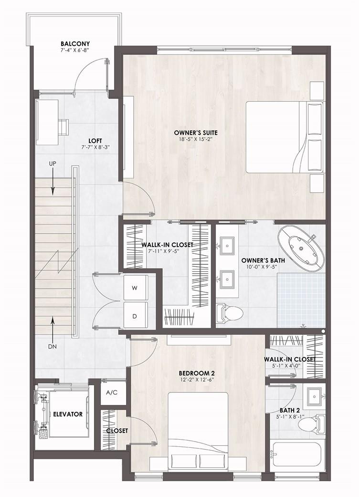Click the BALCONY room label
(75, 43)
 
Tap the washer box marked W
(135, 288)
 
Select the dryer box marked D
(135, 315)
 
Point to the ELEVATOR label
(68, 414)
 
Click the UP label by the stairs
(53, 163)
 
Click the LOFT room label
(95, 141)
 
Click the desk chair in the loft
(64, 125)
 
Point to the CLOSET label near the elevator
(117, 431)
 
